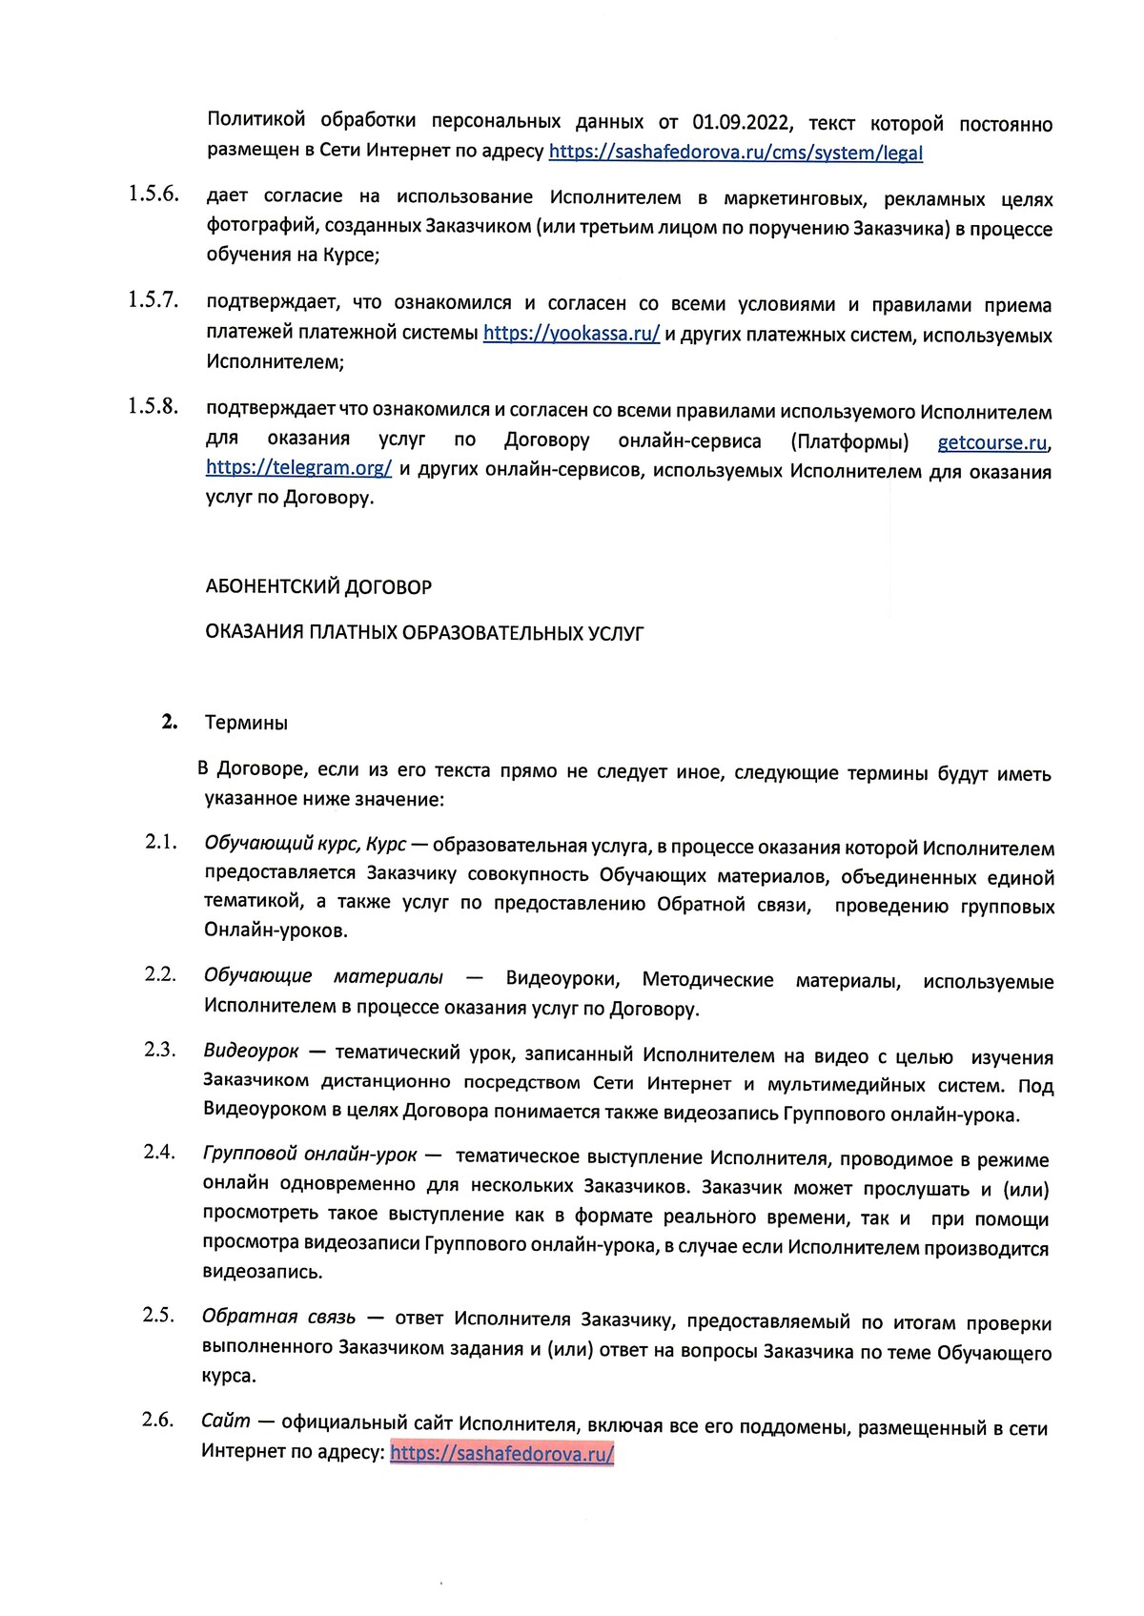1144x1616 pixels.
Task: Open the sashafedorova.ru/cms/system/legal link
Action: pos(735,152)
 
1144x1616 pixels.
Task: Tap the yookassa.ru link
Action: pos(571,335)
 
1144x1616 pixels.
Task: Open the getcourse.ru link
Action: pos(992,442)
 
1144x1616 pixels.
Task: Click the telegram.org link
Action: pos(298,469)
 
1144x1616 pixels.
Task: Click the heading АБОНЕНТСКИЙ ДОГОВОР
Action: pos(318,587)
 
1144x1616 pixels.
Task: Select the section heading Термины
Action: pos(246,723)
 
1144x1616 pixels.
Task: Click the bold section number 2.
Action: pos(170,722)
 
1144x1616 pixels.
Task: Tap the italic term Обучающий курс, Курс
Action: pos(305,845)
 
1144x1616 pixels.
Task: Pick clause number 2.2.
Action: pos(160,973)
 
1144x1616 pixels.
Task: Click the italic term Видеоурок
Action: pos(251,1051)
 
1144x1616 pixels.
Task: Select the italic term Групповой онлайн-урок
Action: pos(310,1155)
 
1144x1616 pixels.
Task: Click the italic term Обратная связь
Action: pos(278,1317)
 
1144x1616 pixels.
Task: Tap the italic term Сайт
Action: pos(225,1421)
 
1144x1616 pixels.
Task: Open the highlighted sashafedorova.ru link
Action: pos(501,1452)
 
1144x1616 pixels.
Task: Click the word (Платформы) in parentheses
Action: pos(849,441)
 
